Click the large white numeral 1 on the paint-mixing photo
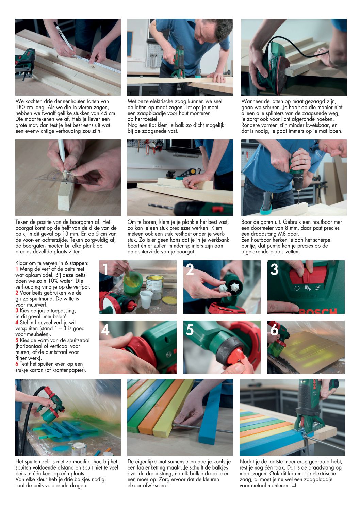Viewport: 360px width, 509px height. tap(105, 269)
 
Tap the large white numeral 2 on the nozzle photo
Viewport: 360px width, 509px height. tap(190, 269)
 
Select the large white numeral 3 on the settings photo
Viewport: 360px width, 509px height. tap(274, 269)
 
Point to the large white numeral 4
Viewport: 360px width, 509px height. tap(105, 330)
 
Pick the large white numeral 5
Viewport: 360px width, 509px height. tap(190, 330)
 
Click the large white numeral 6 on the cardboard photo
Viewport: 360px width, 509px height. tap(274, 330)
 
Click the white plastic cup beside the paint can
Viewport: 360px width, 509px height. tap(146, 299)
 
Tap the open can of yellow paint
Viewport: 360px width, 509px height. tap(155, 287)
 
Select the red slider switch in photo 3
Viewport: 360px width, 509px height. tap(304, 275)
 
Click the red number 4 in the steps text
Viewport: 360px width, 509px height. tap(17, 323)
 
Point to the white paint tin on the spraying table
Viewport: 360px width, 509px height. tap(79, 448)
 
